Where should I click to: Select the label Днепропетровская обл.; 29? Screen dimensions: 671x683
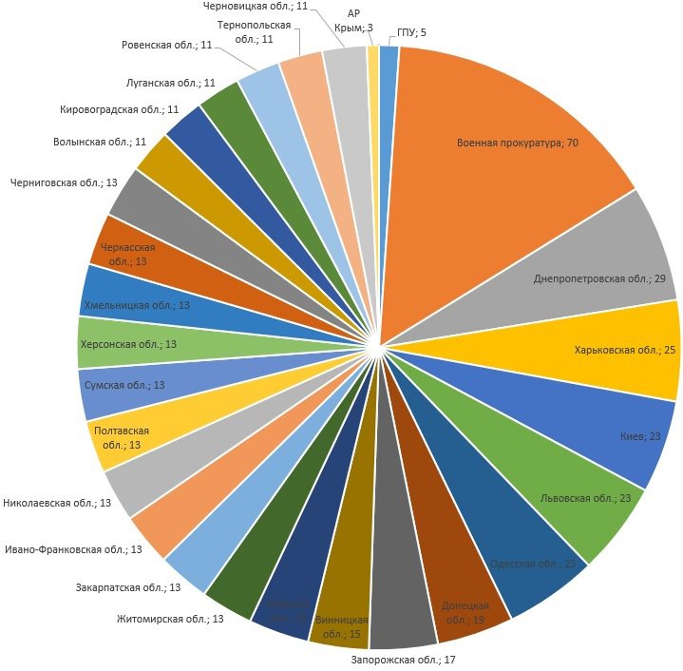pos(598,278)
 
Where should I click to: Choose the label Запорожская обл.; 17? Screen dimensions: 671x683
pos(404,659)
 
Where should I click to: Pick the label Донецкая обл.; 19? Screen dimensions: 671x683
pos(465,613)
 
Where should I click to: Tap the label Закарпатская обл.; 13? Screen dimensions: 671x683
pos(128,587)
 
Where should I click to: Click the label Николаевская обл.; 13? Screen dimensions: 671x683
pos(58,502)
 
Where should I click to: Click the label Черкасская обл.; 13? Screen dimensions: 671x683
pos(127,254)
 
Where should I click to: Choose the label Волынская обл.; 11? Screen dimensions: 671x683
pos(100,142)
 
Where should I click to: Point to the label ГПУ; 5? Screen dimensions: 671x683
pos(411,32)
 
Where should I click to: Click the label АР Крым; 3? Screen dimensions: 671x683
pos(353,20)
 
